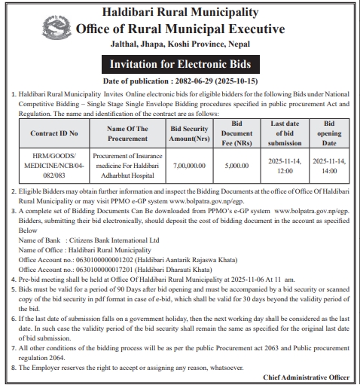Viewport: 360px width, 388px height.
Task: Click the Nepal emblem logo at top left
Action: point(32,26)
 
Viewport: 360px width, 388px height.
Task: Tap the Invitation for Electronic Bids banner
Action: point(180,63)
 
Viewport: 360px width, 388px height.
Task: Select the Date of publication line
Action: point(180,80)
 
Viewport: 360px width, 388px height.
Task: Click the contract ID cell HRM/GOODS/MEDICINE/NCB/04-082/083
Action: point(53,166)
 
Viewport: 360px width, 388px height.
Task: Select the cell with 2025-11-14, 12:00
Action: point(285,166)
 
